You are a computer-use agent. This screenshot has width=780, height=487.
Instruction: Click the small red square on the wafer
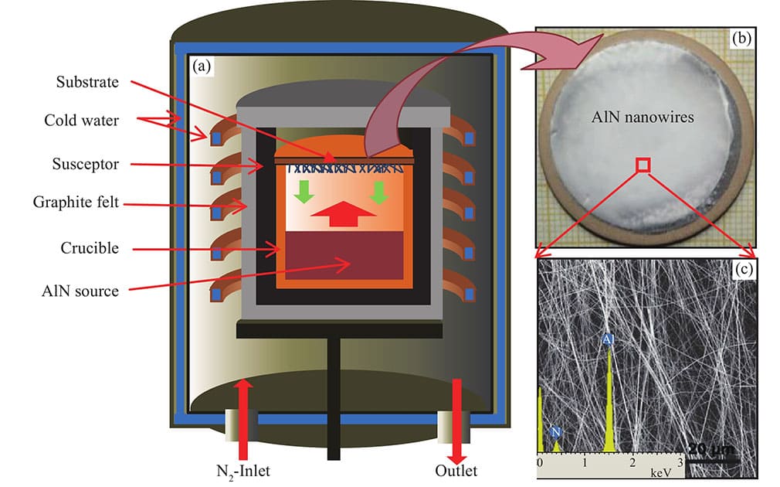click(x=643, y=164)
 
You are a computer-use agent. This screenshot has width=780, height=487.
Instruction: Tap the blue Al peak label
click(x=609, y=339)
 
